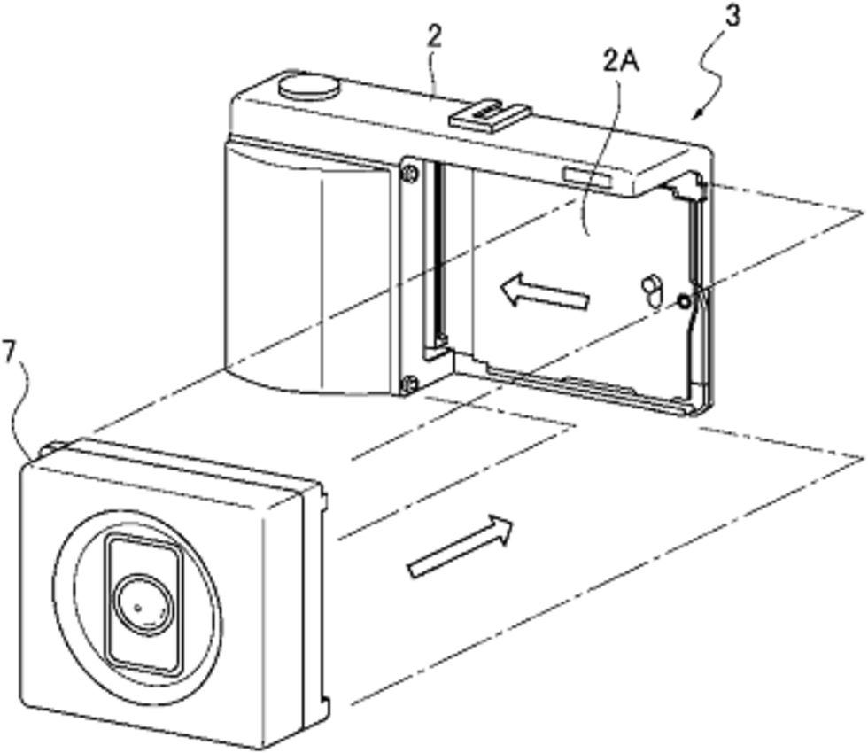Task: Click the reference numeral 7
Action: pyautogui.click(x=10, y=353)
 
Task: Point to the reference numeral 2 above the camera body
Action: pyautogui.click(x=435, y=37)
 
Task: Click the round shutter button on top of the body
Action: pyautogui.click(x=308, y=88)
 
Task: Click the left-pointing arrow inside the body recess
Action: pyautogui.click(x=543, y=291)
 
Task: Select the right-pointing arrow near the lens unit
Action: pyautogui.click(x=461, y=545)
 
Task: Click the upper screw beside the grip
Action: pyautogui.click(x=409, y=173)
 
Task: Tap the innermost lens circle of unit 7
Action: pyautogui.click(x=143, y=604)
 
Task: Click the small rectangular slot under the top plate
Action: pyautogui.click(x=587, y=178)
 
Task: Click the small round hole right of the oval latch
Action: pyautogui.click(x=685, y=302)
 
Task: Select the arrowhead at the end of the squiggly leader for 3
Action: pyautogui.click(x=698, y=114)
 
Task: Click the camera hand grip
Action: pyautogui.click(x=310, y=266)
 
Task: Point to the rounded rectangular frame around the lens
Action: pyautogui.click(x=143, y=604)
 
